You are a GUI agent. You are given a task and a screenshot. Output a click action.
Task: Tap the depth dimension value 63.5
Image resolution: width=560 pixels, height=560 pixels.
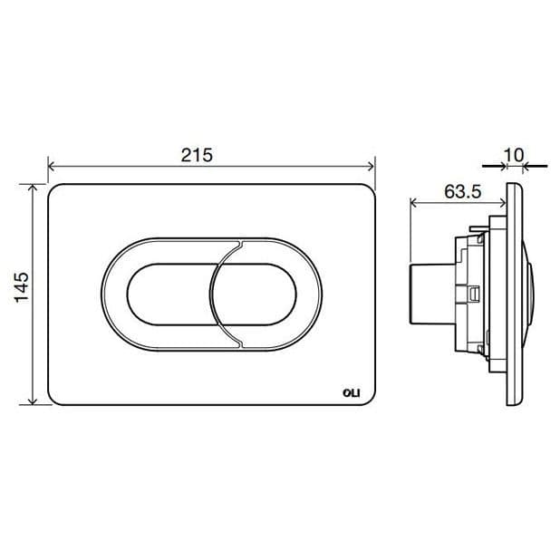point(462,192)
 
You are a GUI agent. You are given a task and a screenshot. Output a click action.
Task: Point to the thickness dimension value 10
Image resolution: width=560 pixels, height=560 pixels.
point(514,155)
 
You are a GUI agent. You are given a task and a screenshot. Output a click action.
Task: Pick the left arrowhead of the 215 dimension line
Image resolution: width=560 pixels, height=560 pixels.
point(52,167)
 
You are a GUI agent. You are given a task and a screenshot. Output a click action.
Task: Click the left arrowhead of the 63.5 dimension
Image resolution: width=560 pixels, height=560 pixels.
point(416,201)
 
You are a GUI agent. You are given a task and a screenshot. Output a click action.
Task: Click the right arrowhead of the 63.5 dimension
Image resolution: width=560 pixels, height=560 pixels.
point(502,201)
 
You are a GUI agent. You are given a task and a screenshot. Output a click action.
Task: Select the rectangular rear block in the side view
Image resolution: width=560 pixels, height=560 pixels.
point(427,294)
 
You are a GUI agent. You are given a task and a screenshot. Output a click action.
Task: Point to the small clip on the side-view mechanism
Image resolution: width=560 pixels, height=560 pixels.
point(474,294)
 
